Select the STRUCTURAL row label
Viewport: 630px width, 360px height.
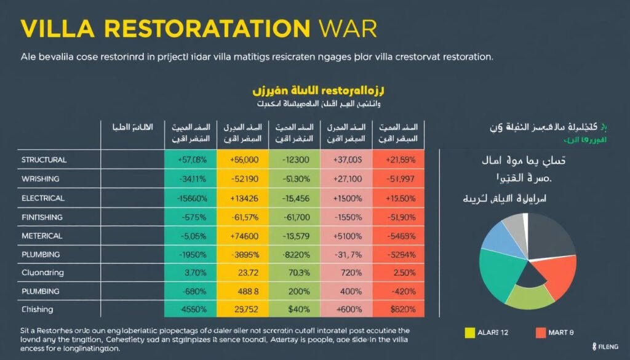(44, 160)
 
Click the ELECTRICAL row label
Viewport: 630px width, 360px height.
(43, 198)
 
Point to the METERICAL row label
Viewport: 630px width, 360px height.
(42, 236)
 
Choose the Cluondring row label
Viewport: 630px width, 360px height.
(42, 273)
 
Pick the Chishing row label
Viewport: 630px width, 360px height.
(37, 310)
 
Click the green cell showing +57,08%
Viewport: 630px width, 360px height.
(191, 160)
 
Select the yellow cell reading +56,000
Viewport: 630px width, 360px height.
(243, 160)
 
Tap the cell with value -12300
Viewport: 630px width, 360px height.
(295, 160)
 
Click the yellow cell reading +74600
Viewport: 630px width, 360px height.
(243, 236)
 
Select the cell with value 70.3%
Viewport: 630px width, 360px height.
(295, 273)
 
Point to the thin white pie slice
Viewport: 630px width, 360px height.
(525, 221)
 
